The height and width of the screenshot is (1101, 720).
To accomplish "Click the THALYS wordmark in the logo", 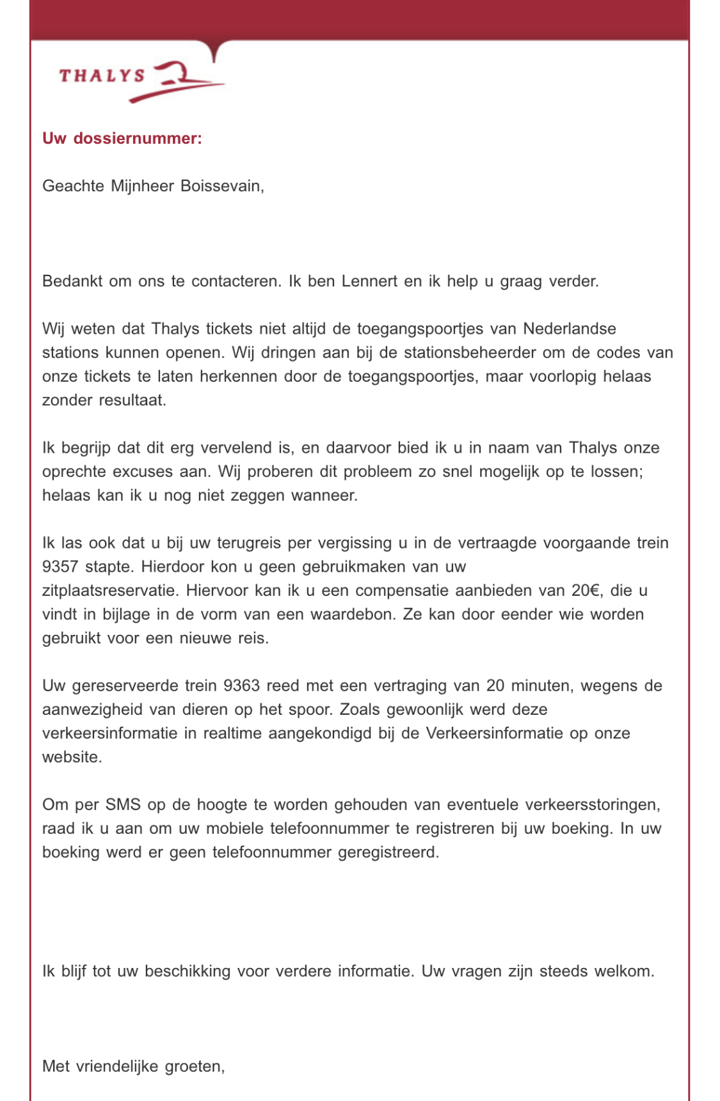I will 102,76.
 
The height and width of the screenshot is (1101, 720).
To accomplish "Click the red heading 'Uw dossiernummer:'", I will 122,138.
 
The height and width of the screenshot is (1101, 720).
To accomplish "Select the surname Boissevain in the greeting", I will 221,186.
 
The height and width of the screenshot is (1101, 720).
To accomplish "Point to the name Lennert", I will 369,281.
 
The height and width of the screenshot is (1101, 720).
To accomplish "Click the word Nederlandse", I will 570,329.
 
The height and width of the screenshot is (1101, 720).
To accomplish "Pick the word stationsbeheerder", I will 470,352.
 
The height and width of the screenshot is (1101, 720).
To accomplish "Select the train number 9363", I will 241,685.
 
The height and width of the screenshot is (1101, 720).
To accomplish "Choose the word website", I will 71,757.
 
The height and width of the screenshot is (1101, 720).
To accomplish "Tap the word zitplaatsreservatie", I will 108,590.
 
